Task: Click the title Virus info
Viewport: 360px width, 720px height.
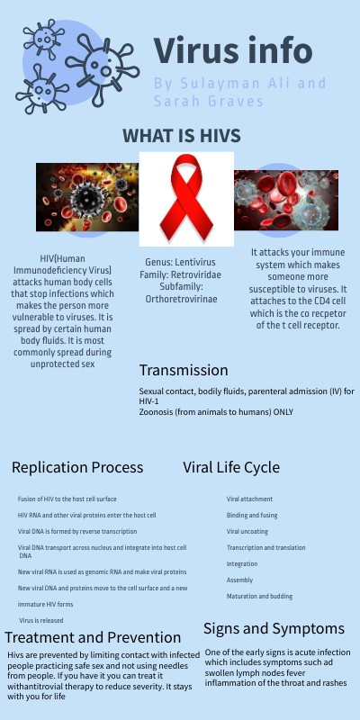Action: tap(233, 50)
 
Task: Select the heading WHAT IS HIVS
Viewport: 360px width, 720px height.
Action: tap(182, 136)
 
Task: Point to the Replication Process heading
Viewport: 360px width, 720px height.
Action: tap(77, 467)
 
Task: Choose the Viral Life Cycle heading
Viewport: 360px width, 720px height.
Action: tap(231, 467)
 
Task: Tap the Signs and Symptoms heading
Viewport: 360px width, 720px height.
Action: tap(274, 628)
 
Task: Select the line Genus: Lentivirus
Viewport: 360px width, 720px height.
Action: tap(183, 262)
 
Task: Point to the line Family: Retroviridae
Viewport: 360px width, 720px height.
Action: tap(183, 274)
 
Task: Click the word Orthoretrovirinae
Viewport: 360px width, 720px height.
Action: tap(183, 299)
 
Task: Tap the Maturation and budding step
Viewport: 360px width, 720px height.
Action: tap(259, 597)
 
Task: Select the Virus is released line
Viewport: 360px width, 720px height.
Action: tap(41, 620)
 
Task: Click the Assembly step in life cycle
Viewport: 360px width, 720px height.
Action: tap(240, 580)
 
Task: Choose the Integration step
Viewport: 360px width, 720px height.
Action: tap(242, 564)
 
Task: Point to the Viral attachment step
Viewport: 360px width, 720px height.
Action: tap(249, 499)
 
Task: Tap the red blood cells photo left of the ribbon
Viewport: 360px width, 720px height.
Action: tap(86, 198)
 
